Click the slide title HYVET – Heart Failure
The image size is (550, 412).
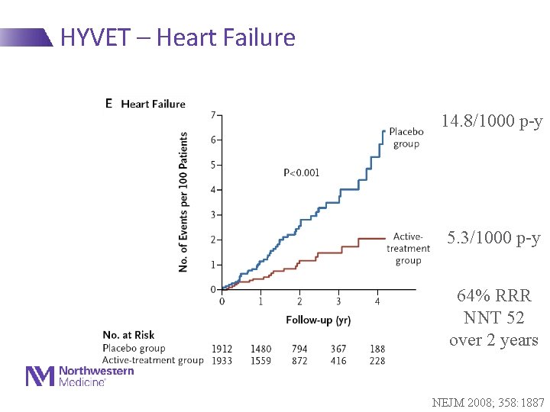tap(177, 37)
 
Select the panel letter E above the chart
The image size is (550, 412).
tap(108, 103)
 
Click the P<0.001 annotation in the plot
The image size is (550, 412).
tap(302, 173)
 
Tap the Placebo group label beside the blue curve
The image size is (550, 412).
tap(406, 137)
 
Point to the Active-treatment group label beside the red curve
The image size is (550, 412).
tap(408, 249)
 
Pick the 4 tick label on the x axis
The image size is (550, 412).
tap(377, 301)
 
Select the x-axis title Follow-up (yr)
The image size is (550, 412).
tap(319, 319)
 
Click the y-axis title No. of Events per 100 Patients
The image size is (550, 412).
tap(183, 202)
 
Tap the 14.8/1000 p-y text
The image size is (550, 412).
tap(491, 121)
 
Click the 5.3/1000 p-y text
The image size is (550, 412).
tap(493, 238)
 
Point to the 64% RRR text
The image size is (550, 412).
tap(493, 295)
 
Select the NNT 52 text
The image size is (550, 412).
tap(493, 317)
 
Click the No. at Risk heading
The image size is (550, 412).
tap(128, 335)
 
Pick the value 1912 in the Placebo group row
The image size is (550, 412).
tap(222, 349)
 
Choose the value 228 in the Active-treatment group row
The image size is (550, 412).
tap(377, 361)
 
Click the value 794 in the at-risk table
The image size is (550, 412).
tap(299, 349)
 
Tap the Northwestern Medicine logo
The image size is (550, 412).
tap(80, 375)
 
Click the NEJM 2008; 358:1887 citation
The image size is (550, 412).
tap(488, 401)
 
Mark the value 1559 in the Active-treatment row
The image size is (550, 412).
tap(260, 361)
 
